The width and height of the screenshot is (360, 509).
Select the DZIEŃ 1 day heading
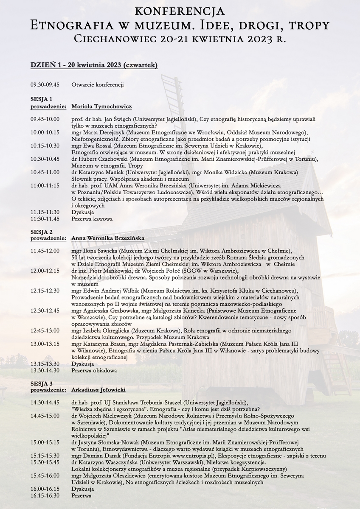tap(94, 65)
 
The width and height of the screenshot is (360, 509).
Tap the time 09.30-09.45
tap(45, 85)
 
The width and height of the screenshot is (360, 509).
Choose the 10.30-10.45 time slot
tap(45, 159)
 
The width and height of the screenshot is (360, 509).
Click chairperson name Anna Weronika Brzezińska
tap(108, 238)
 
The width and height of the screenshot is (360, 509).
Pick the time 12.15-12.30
tap(45, 291)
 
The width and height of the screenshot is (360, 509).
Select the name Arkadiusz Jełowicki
tap(98, 390)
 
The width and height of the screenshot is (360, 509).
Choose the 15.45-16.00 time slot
tap(45, 475)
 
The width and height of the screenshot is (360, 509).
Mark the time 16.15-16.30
tap(45, 495)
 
